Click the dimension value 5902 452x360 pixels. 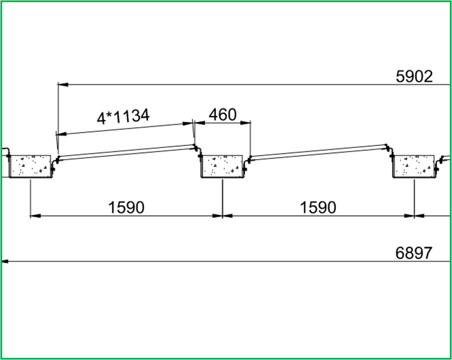pyautogui.click(x=414, y=77)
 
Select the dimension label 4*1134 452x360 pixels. pyautogui.click(x=123, y=117)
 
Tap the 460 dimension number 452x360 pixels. pyautogui.click(x=223, y=115)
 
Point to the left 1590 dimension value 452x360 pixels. pyautogui.click(x=126, y=207)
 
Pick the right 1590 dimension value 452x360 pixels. pyautogui.click(x=318, y=207)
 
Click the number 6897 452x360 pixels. pyautogui.click(x=414, y=253)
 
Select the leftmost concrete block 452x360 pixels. pyautogui.click(x=30, y=167)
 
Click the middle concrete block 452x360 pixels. pyautogui.click(x=222, y=167)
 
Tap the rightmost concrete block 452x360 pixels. pyautogui.click(x=414, y=167)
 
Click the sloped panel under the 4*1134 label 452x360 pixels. pyautogui.click(x=126, y=152)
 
